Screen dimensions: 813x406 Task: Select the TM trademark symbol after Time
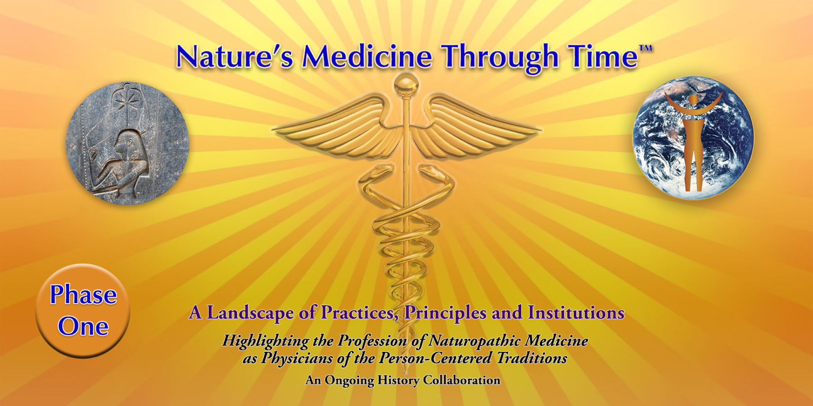point(645,48)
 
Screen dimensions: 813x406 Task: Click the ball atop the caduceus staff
point(406,84)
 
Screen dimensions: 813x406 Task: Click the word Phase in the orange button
point(83,294)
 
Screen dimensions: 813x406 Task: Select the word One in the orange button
point(83,326)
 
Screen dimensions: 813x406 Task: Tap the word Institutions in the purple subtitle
point(576,313)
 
